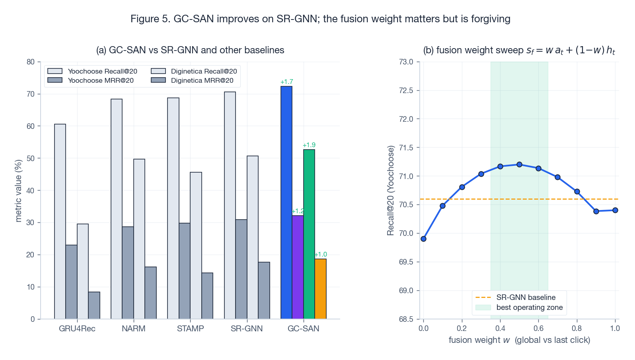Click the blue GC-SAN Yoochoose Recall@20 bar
286,203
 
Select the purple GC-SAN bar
298,267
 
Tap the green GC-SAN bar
309,234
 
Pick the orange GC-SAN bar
320,289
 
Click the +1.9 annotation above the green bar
309,145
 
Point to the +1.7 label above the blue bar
286,82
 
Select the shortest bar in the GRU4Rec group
94,306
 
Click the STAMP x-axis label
190,329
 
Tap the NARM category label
134,329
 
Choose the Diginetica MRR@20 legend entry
202,80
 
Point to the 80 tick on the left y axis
31,62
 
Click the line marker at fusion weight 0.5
519,164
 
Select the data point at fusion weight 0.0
423,239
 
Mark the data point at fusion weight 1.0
615,210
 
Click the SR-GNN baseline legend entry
526,298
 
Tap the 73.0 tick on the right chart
406,62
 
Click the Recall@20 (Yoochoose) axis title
391,190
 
